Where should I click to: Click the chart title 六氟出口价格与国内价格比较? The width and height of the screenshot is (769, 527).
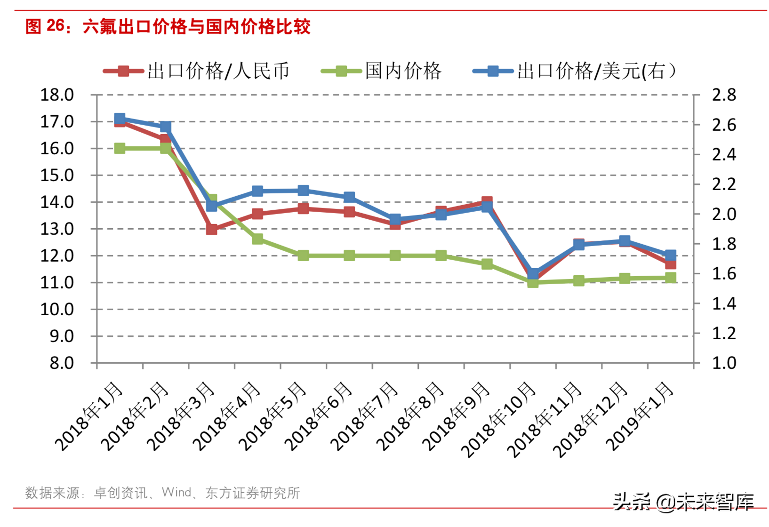(196, 26)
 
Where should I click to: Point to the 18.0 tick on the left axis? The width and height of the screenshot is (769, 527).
(57, 95)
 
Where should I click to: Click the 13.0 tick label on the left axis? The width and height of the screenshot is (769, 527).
(57, 229)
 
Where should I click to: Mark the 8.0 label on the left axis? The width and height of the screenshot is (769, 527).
(62, 363)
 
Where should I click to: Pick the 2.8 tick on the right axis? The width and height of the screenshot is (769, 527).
(724, 95)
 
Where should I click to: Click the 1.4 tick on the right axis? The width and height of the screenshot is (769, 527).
(724, 303)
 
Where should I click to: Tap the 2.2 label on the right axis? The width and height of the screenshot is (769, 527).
(724, 184)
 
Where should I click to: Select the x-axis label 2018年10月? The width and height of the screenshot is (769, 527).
(498, 420)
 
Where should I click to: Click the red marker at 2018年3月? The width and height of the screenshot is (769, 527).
(212, 229)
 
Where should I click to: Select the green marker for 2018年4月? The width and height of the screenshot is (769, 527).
(257, 239)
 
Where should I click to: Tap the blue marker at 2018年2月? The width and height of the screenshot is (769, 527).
(166, 127)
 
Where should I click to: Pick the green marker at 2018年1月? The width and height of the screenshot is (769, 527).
(120, 148)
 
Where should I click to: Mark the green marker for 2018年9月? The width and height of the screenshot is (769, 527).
(487, 264)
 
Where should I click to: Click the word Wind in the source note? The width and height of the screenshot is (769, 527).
(176, 492)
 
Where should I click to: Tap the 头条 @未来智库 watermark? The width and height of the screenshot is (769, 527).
(683, 502)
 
